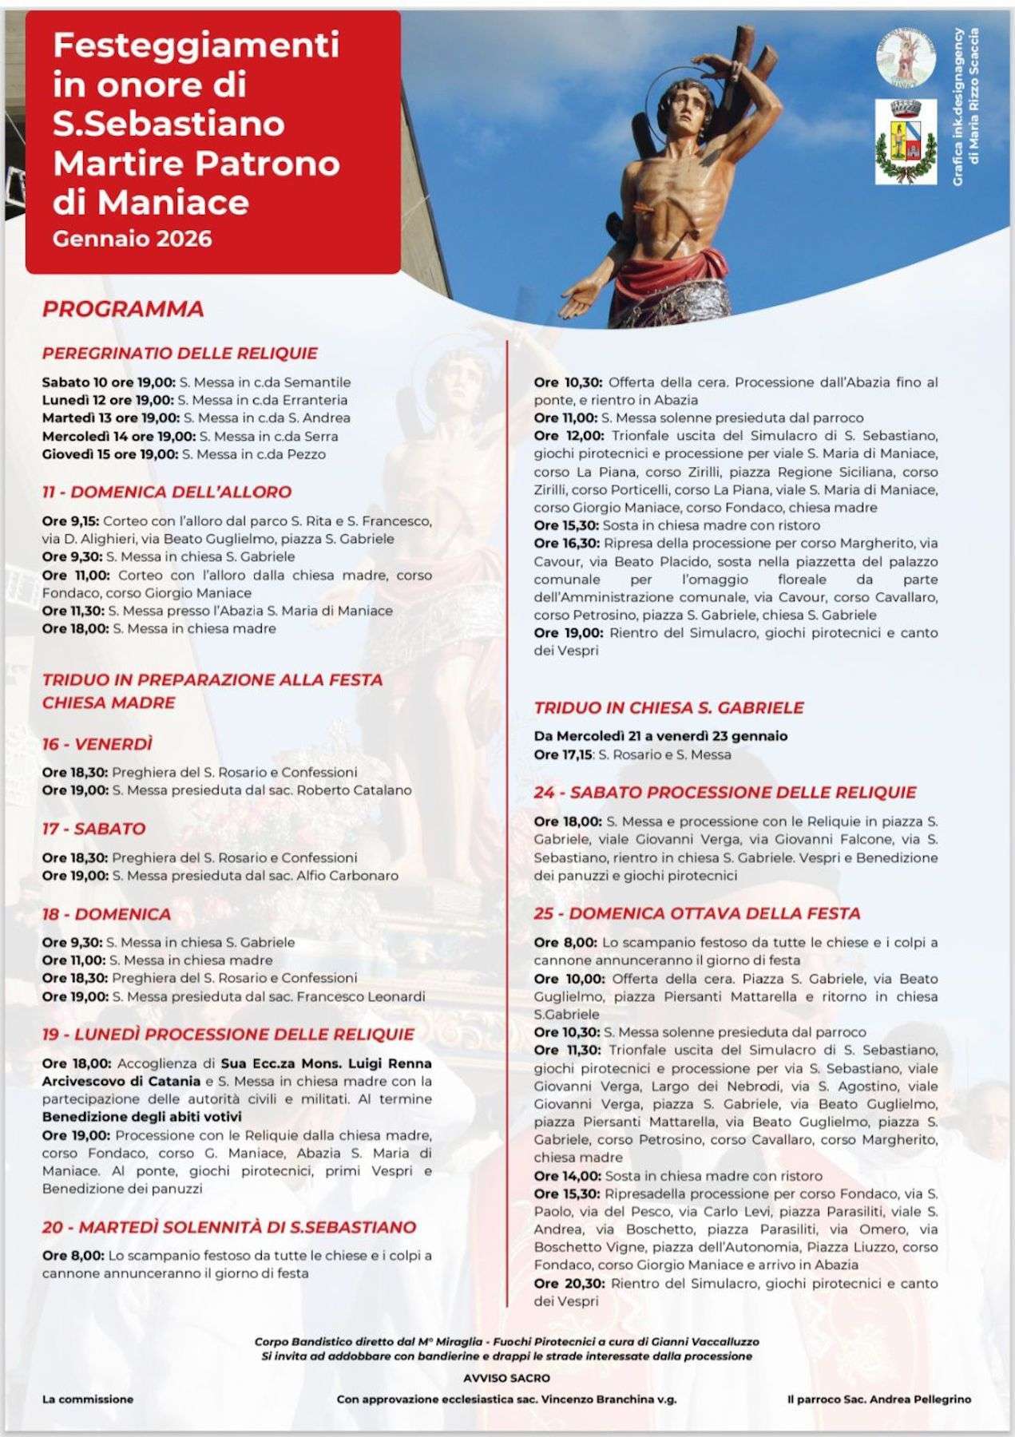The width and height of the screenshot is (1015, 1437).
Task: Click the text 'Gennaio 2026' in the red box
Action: [133, 239]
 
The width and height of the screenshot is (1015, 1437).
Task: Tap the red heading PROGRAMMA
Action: [123, 309]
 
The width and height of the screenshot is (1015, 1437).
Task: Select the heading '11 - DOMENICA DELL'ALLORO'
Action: [167, 492]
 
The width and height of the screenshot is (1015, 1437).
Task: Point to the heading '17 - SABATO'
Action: [93, 829]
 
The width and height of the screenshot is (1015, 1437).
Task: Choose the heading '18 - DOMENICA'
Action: [106, 913]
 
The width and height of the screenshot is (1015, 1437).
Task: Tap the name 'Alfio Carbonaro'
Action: [352, 876]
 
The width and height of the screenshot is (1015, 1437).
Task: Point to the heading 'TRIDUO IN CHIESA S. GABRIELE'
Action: [668, 707]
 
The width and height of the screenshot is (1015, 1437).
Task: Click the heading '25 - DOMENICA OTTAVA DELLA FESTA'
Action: [697, 913]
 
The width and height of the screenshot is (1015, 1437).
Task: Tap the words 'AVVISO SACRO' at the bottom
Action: [506, 1378]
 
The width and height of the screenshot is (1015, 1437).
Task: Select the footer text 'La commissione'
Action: [88, 1399]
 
